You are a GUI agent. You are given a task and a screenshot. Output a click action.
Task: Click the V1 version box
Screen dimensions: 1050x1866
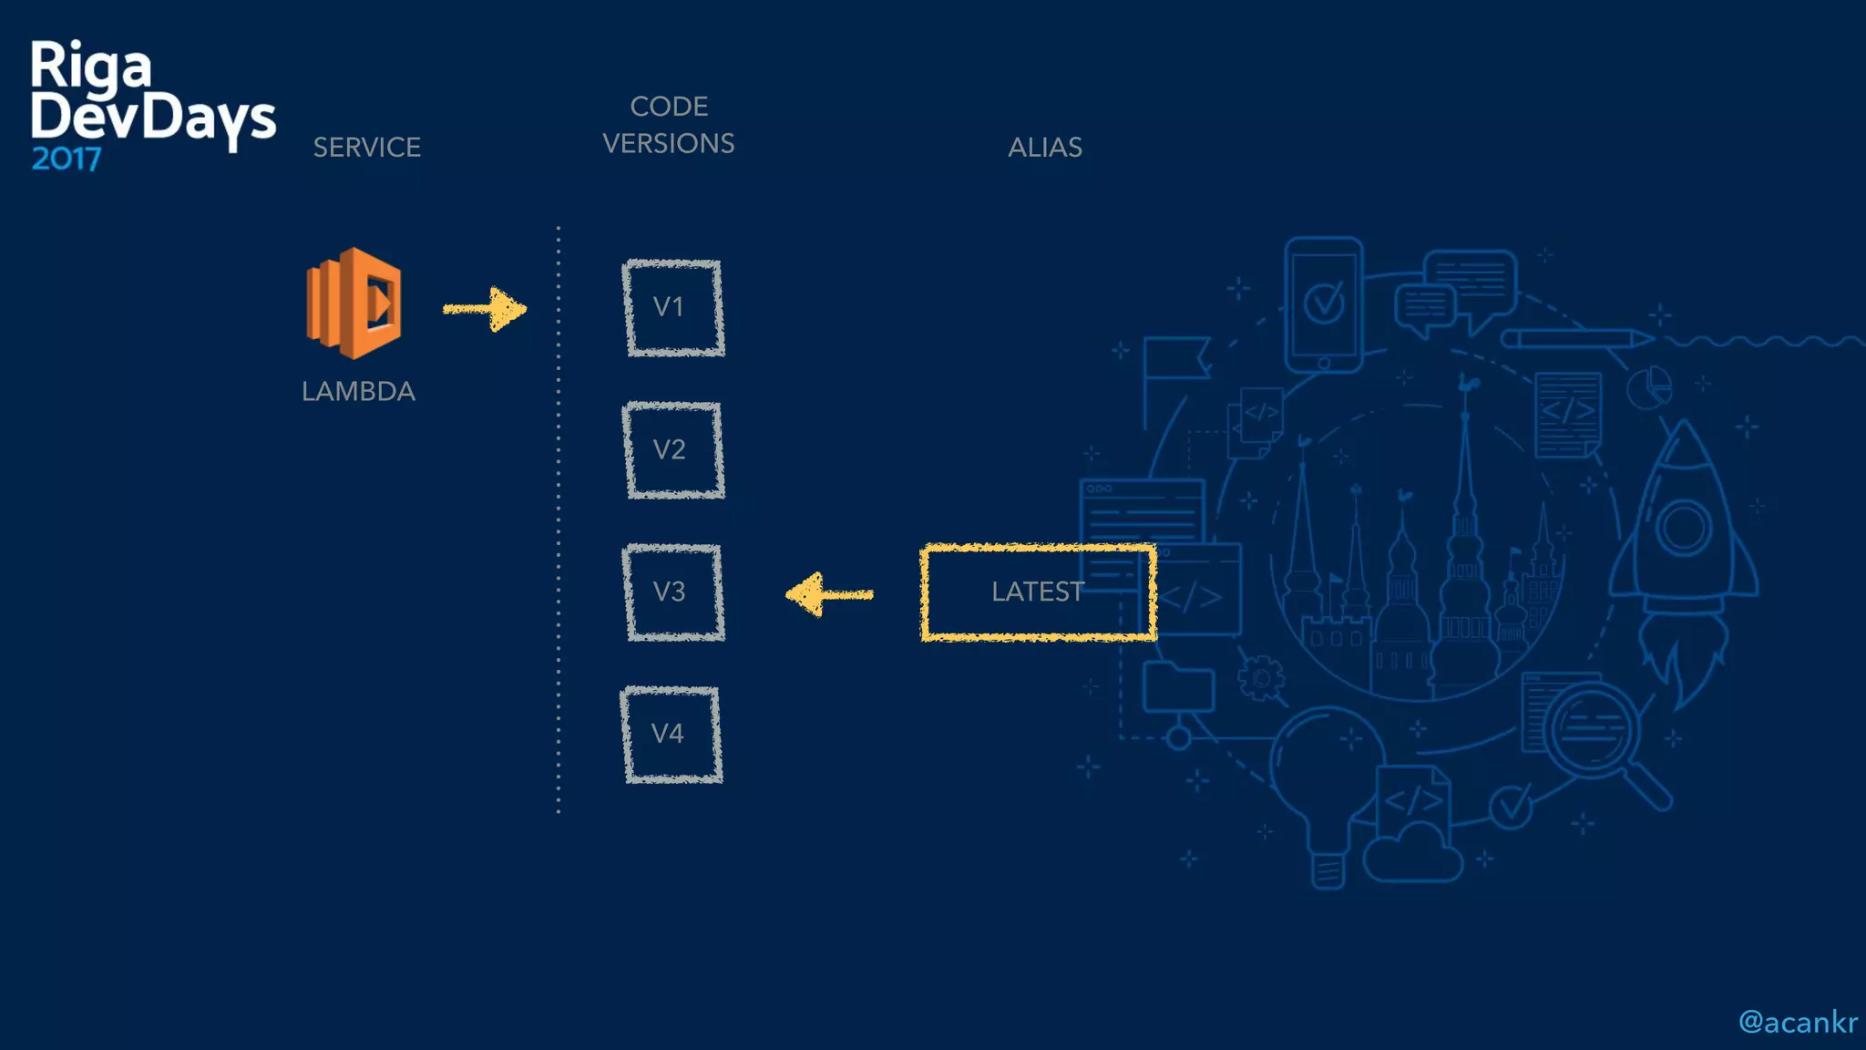(673, 308)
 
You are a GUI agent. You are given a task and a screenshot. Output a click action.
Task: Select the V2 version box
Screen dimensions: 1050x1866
(673, 450)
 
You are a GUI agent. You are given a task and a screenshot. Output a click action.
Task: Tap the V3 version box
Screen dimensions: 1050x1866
(673, 592)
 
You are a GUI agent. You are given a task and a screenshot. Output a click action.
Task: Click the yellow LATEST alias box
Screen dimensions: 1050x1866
(1038, 592)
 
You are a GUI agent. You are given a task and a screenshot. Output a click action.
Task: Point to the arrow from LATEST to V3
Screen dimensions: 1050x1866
(828, 594)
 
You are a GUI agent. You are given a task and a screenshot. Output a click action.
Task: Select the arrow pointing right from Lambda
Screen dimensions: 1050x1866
(486, 310)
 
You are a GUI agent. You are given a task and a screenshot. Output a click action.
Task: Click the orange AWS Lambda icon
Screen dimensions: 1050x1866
(354, 303)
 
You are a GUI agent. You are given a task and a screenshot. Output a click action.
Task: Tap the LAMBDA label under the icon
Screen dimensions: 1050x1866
(358, 392)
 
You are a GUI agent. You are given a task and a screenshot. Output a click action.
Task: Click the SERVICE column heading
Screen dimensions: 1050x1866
(367, 148)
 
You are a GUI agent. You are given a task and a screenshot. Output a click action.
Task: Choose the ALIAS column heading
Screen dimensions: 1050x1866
(1045, 148)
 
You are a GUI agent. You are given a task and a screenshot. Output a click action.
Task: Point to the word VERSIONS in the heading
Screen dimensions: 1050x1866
(669, 144)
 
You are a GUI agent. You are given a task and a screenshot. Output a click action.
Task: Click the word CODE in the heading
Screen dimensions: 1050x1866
(669, 107)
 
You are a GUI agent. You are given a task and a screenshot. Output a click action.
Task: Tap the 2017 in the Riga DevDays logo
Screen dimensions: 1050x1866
(66, 160)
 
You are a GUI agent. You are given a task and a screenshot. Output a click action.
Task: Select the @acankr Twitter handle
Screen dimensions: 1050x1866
(1797, 1023)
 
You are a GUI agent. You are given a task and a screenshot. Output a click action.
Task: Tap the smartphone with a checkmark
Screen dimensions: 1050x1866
(1323, 304)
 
